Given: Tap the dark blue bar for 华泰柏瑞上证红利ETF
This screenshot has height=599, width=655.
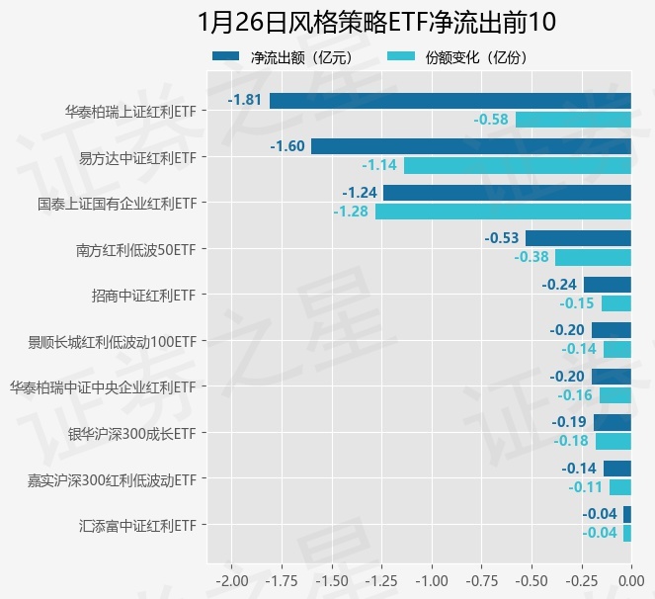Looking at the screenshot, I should click(x=450, y=100).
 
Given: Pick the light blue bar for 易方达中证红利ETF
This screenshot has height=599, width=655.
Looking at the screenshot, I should click(x=517, y=165).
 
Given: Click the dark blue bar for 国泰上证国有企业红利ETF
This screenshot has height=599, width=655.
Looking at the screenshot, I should click(x=507, y=192).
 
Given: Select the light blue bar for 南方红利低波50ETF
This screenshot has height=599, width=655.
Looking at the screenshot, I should click(x=593, y=257).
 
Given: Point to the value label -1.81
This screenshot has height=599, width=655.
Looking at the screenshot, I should click(x=244, y=100).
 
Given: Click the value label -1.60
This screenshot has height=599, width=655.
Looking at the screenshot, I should click(x=287, y=146).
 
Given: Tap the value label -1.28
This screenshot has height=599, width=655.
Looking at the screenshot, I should click(x=350, y=211).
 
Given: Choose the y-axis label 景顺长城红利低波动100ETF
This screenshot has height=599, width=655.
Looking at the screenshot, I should click(x=112, y=341).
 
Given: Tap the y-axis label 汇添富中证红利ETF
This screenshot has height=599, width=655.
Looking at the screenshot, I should click(x=137, y=525).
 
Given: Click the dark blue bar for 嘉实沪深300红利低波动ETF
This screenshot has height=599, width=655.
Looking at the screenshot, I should click(x=616, y=469).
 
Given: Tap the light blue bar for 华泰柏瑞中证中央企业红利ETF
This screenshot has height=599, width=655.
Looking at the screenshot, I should click(x=614, y=395).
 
